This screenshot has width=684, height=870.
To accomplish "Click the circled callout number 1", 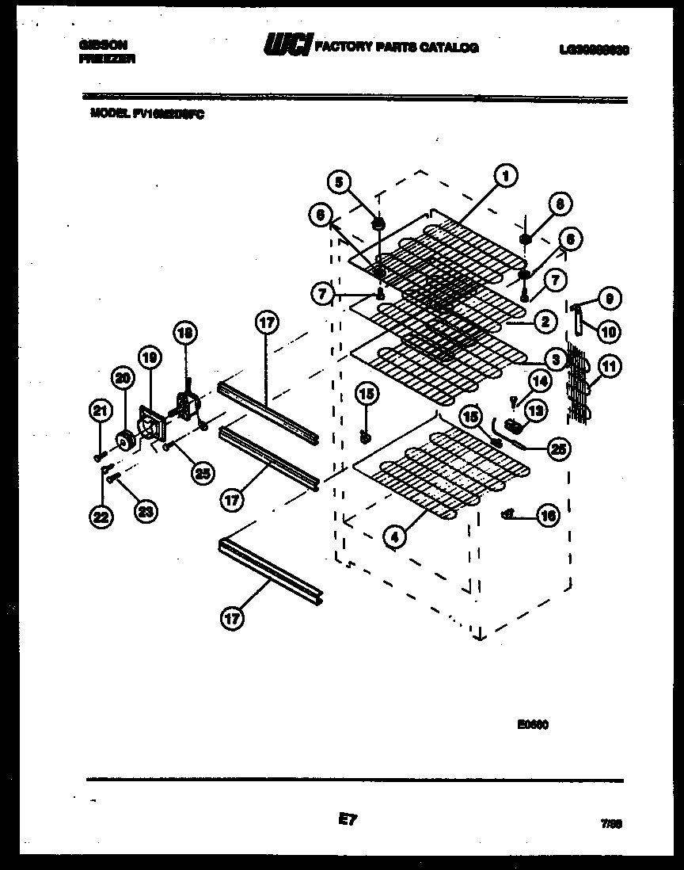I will tap(505, 175).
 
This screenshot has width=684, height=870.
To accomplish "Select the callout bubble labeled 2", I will tap(544, 322).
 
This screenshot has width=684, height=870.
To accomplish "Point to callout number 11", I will tap(610, 366).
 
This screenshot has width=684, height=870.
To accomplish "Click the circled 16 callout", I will tap(546, 516).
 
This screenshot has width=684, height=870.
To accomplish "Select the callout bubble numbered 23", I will tap(144, 511).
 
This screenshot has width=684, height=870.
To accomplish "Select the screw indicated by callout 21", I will tap(99, 456).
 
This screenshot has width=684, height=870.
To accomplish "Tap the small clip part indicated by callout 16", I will tap(507, 515).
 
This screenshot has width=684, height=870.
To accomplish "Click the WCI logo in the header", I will tap(289, 46).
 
